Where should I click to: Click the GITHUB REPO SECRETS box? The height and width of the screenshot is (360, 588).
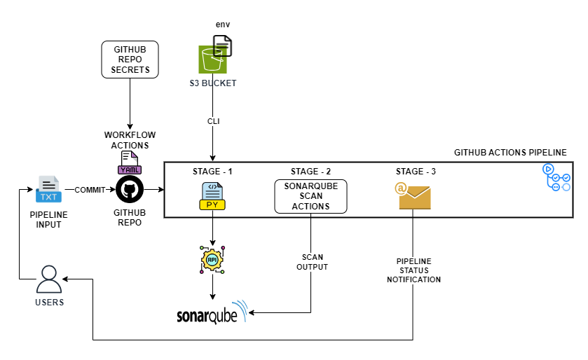[x=130, y=60]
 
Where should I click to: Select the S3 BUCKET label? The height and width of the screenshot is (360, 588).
[x=213, y=83]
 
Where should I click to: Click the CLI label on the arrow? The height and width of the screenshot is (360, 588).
[x=213, y=120]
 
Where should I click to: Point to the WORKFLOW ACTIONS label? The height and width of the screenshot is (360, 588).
[x=130, y=139]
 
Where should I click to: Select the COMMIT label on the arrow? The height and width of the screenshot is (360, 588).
[x=90, y=190]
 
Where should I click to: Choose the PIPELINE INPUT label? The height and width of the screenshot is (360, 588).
[x=48, y=219]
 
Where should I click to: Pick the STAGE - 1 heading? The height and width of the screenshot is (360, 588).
[x=212, y=172]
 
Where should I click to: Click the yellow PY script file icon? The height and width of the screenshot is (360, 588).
[x=212, y=196]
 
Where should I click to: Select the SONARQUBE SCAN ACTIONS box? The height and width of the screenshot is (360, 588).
[x=310, y=196]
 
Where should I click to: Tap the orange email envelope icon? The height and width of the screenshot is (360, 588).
[x=413, y=196]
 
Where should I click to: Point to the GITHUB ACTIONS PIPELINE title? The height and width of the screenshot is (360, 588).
[x=510, y=152]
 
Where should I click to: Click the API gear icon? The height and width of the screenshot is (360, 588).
[x=212, y=259]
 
